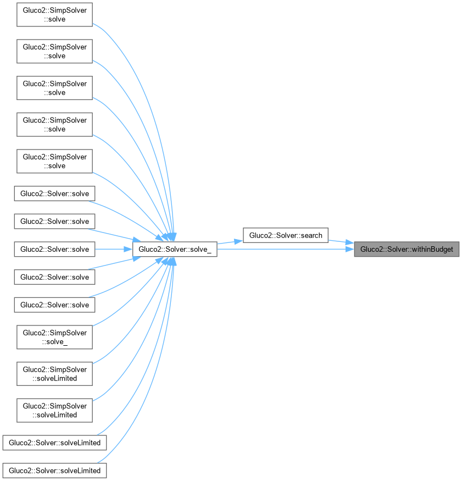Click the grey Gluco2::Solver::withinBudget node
[x=406, y=249]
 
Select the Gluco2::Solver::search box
[x=286, y=235]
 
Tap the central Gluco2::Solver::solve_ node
[x=175, y=250]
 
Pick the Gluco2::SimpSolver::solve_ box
[x=54, y=337]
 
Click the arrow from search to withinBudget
[x=341, y=242]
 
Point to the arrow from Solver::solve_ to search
[x=230, y=241]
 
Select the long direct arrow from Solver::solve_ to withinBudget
[x=286, y=250]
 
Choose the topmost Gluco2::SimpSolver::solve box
[x=54, y=14]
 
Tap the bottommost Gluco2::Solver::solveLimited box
[x=54, y=471]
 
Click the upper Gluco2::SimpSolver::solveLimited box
[x=54, y=374]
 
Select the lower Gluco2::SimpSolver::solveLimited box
[x=54, y=411]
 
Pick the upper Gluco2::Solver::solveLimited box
[x=54, y=442]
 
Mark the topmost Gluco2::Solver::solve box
[x=54, y=193]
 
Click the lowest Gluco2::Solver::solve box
[x=54, y=305]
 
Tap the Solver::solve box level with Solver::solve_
[x=54, y=249]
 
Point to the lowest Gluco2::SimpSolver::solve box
[x=54, y=161]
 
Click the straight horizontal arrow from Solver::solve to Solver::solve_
[x=113, y=249]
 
